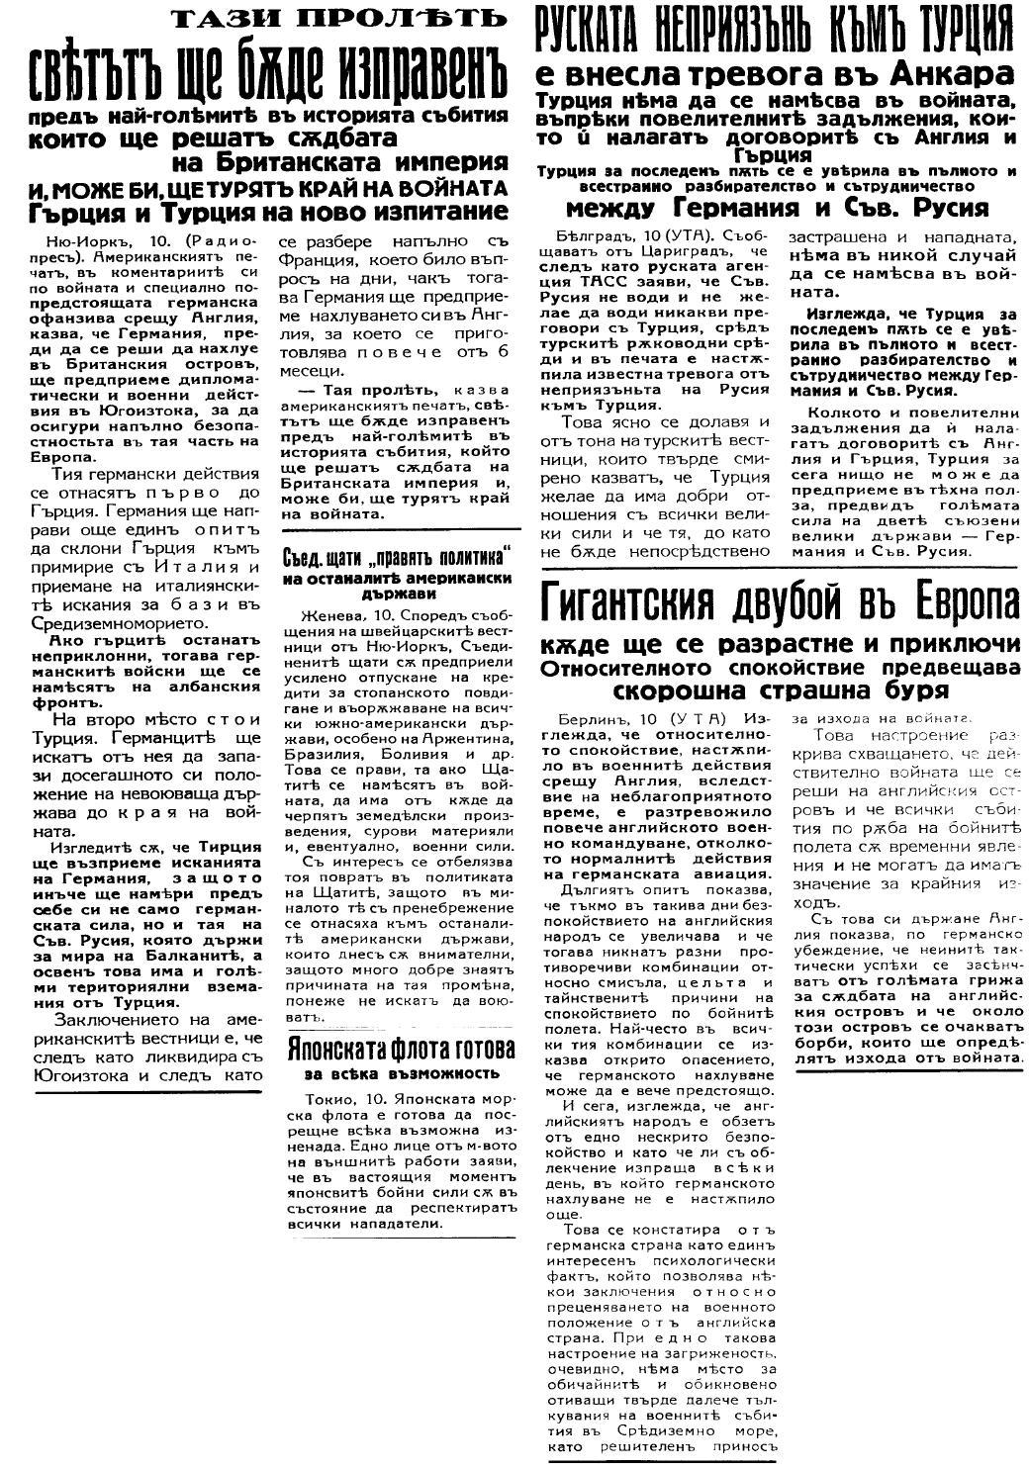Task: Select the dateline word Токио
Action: [325, 1100]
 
